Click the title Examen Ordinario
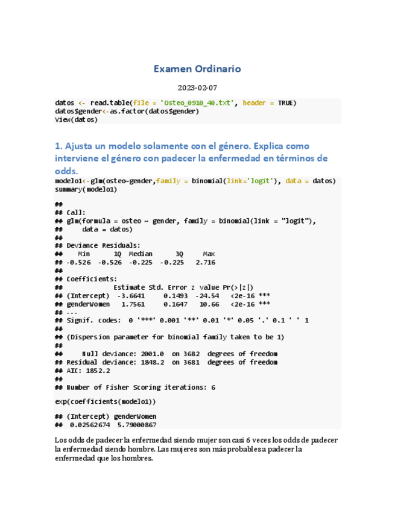[197, 69]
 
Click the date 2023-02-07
[197, 88]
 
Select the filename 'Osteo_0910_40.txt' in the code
[196, 103]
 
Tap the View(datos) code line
[76, 119]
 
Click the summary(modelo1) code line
[86, 189]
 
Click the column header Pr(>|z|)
[238, 287]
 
